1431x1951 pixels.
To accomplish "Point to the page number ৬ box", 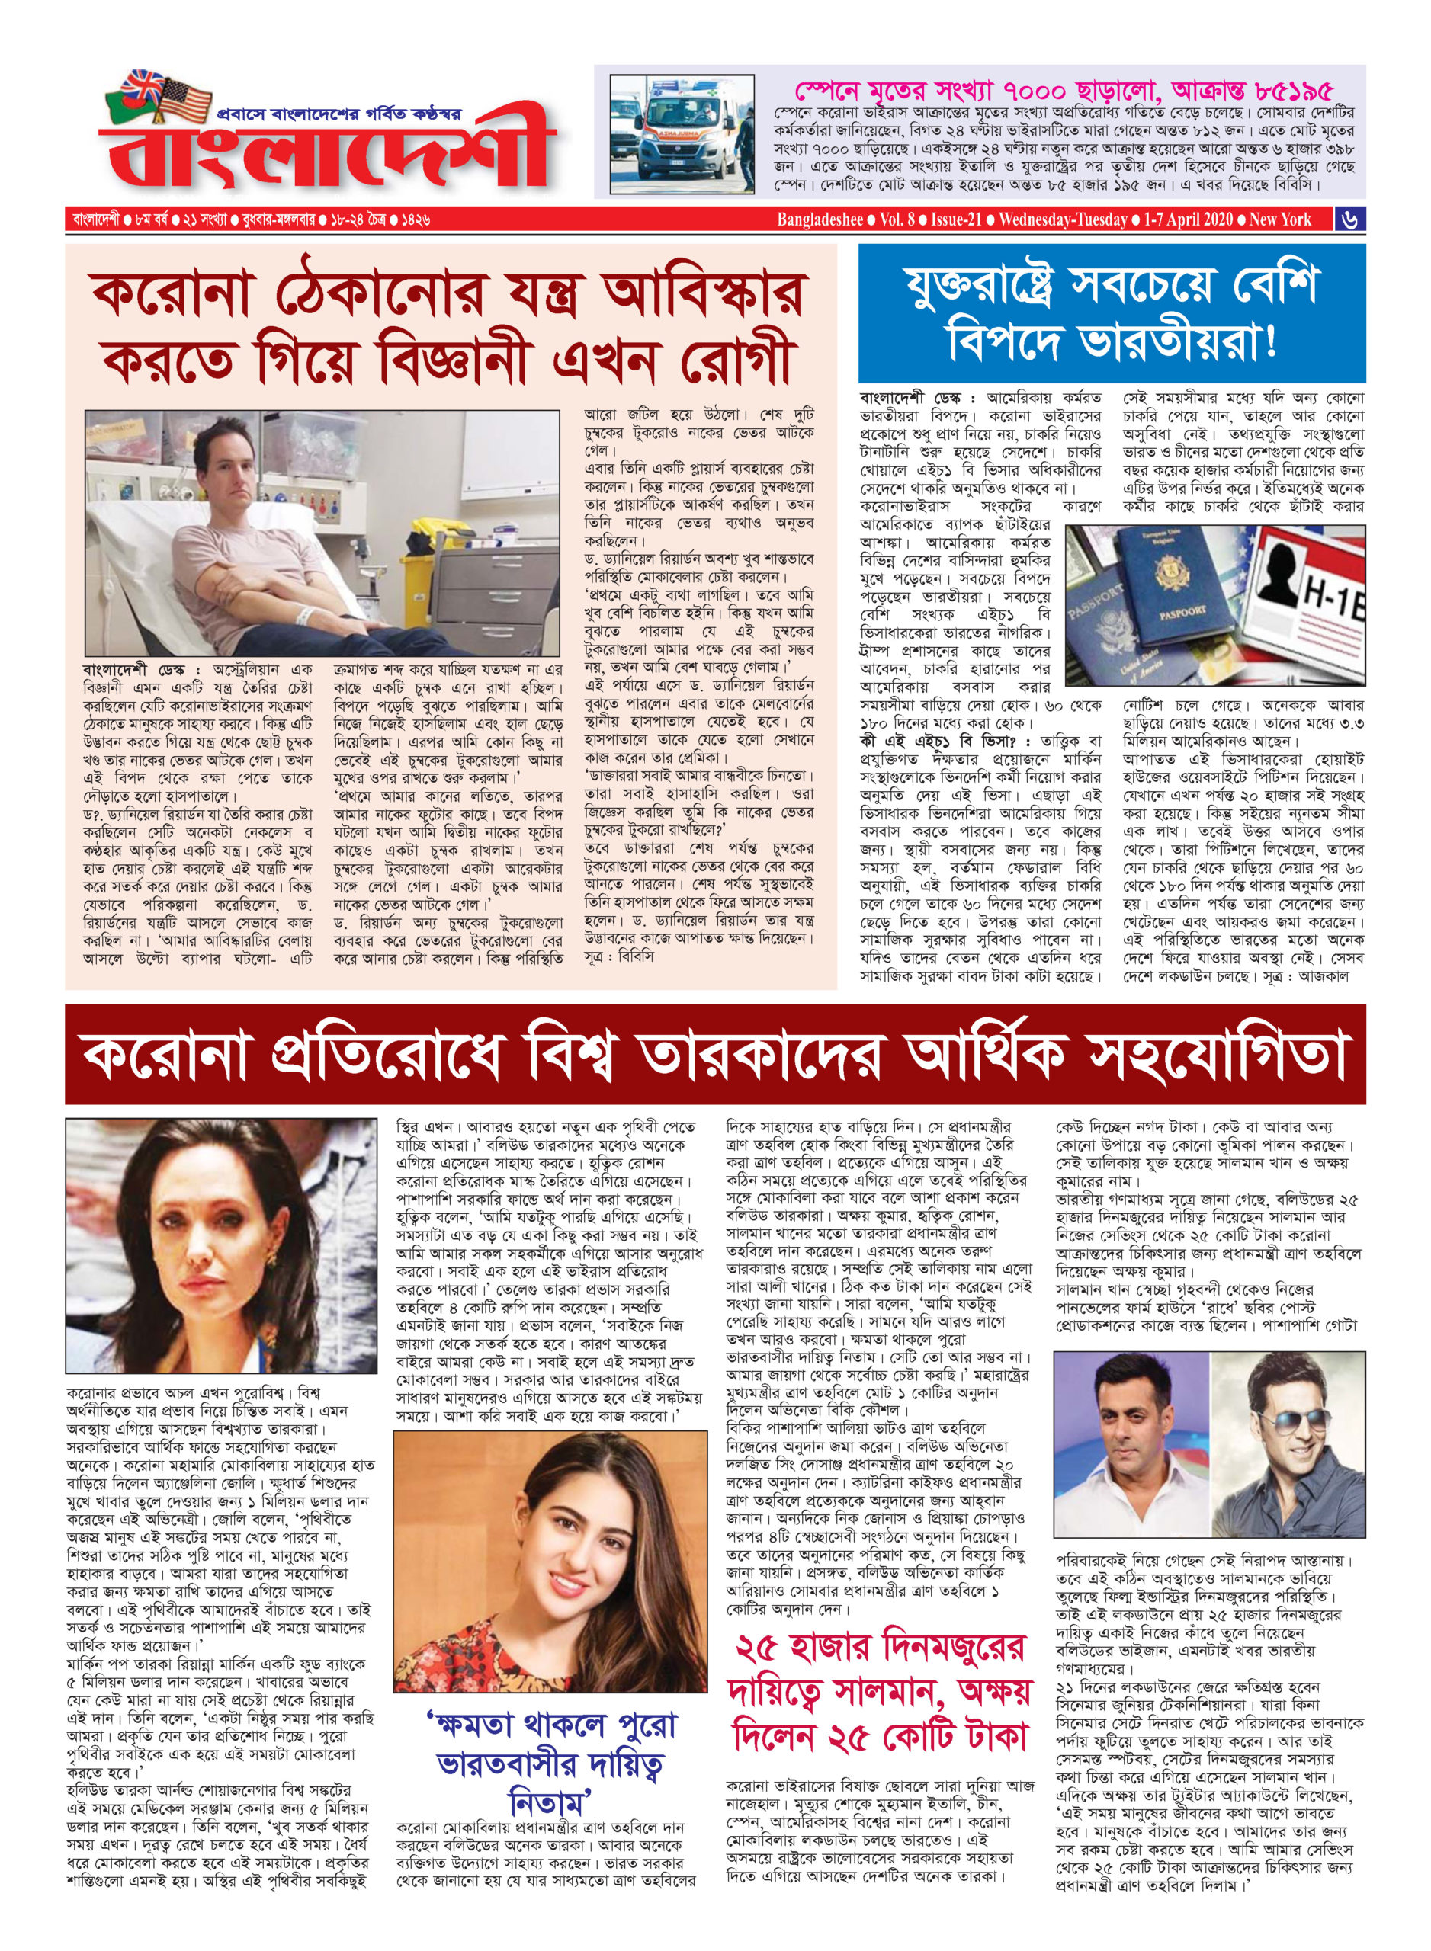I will [x=1350, y=220].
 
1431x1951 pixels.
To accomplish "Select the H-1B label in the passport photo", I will [x=1333, y=597].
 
